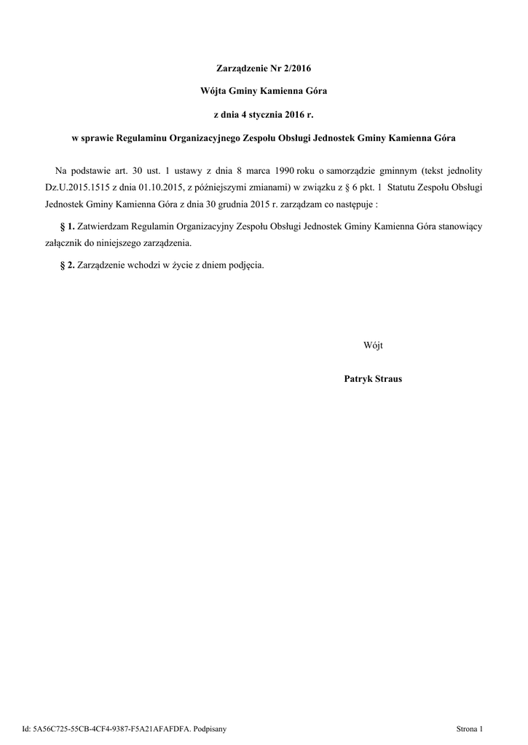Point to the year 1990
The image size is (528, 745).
[x=280, y=170]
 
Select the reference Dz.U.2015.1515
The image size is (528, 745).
[x=77, y=187]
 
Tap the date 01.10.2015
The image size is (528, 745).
[x=158, y=187]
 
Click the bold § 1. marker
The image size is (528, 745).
[x=67, y=226]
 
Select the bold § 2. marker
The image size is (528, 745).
[x=67, y=265]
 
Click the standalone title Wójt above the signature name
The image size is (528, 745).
[x=372, y=344]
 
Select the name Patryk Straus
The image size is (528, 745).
[x=372, y=379]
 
